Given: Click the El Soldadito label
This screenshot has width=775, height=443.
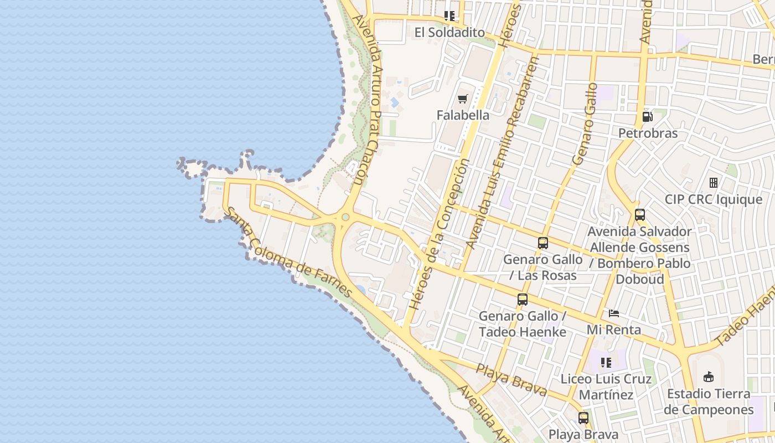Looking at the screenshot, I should click(449, 33).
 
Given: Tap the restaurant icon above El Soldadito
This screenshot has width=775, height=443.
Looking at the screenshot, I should click(449, 16).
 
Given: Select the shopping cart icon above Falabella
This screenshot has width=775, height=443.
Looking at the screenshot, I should click(463, 99).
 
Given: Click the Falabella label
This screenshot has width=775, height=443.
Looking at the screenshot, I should click(463, 115).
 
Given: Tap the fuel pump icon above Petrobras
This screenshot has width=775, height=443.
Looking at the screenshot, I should click(647, 117).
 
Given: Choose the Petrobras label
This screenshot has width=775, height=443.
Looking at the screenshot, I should click(648, 133).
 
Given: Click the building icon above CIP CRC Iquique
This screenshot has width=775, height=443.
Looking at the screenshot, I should click(714, 182).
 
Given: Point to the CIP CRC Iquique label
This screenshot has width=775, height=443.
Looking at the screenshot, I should click(714, 199).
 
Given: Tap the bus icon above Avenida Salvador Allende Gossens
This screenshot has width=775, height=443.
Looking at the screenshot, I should click(640, 215).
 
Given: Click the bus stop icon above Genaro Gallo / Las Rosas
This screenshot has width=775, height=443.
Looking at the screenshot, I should click(543, 243).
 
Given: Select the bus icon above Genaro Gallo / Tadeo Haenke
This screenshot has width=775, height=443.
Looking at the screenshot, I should click(523, 300).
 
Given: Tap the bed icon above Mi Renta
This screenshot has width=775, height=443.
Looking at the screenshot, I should click(614, 313).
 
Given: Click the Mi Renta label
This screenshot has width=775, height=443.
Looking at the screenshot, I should click(614, 330).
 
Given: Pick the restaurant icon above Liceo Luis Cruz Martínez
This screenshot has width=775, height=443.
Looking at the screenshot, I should click(606, 363).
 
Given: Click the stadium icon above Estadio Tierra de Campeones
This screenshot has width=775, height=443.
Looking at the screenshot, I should click(708, 377).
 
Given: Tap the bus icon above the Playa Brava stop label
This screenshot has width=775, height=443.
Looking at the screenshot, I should click(583, 418).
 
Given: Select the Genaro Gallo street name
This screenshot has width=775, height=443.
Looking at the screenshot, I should click(585, 123).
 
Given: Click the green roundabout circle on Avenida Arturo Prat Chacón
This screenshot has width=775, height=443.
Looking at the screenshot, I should click(345, 217).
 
